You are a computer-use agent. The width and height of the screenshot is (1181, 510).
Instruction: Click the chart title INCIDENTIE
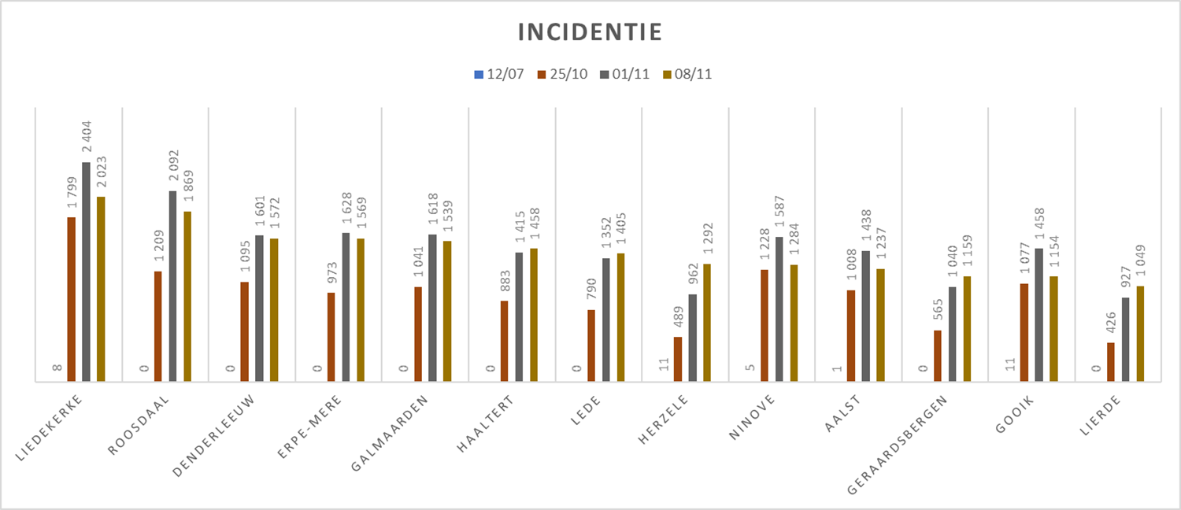tap(590, 33)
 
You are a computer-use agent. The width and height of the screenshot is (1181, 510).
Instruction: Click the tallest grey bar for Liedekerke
tap(86, 272)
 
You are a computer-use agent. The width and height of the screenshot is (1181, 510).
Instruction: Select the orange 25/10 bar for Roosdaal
tap(157, 327)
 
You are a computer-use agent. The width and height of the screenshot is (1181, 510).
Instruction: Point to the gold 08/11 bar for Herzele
tap(707, 323)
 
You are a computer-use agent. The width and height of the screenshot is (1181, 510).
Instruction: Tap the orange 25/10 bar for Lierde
tap(1111, 362)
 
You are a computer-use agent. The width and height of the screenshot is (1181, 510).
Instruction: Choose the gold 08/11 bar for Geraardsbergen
tap(967, 329)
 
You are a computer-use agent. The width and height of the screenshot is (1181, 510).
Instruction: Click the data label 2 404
tap(87, 139)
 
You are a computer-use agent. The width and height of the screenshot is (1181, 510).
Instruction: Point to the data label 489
tap(678, 315)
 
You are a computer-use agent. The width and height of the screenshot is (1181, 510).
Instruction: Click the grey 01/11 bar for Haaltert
tap(519, 317)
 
